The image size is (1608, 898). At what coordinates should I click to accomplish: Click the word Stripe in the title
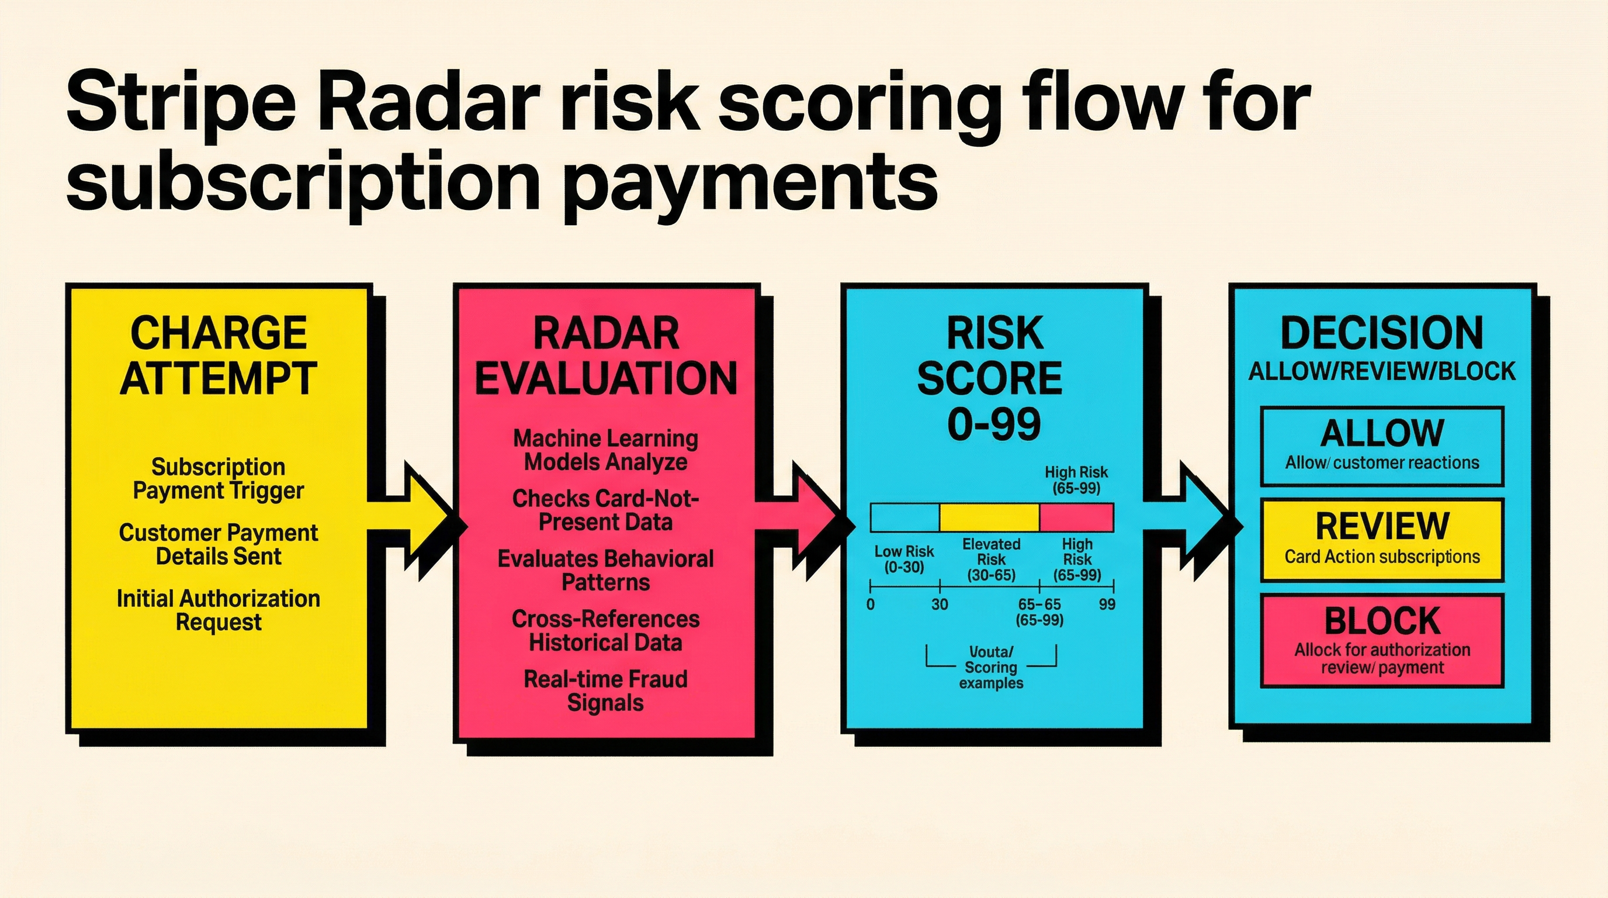(181, 103)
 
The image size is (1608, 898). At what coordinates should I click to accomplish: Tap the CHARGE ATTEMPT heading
(219, 356)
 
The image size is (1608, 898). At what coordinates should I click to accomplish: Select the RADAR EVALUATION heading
(605, 356)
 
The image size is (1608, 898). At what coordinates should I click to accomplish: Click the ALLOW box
(1382, 446)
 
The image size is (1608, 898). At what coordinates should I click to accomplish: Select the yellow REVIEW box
(1382, 540)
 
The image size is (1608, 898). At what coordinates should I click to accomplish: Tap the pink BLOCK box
(1382, 640)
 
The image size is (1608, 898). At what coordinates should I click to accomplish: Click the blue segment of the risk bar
(905, 517)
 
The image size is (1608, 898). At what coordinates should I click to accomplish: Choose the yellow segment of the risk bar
(989, 517)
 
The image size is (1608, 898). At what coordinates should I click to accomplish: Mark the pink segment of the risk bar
(1076, 517)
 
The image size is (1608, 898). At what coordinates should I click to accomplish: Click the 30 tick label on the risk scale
(940, 605)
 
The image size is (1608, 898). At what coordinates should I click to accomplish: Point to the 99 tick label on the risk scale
(1107, 605)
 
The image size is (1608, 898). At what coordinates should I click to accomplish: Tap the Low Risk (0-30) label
(904, 559)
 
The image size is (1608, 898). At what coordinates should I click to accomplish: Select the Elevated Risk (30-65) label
(991, 559)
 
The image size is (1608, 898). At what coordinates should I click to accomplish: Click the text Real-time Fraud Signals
(605, 690)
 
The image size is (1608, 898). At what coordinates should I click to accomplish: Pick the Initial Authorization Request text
(219, 610)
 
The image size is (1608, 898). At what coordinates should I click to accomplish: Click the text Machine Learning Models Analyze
(605, 450)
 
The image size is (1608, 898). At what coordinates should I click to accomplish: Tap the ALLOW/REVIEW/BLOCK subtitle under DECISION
(1382, 372)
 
